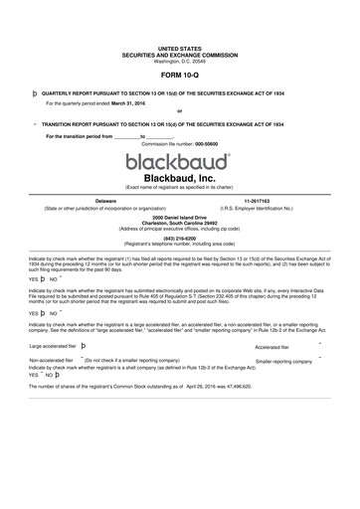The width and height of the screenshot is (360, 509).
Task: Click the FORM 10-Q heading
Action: [x=179, y=75]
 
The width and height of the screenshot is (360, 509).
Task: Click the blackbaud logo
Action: [x=179, y=160]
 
